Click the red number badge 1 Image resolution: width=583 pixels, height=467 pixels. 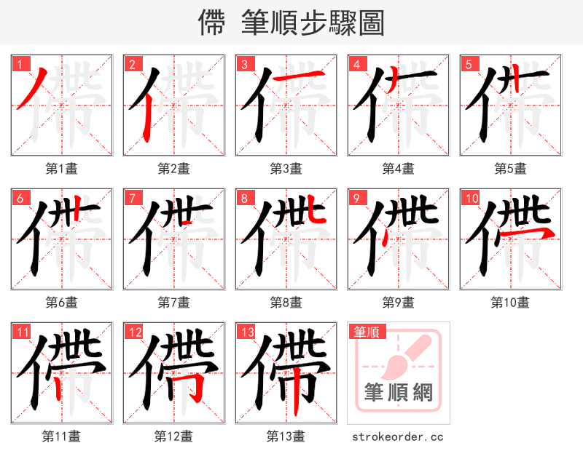20,64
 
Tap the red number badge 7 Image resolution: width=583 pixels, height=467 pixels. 132,198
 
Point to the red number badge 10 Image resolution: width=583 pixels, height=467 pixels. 470,198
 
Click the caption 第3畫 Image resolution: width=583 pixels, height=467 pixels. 286,169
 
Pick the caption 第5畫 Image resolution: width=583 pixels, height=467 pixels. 510,169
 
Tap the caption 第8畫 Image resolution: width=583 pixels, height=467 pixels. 286,303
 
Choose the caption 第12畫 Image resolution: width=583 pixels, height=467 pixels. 173,436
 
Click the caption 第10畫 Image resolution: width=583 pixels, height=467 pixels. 510,303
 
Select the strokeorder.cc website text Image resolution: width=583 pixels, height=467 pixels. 398,437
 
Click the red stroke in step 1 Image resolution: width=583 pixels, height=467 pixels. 32,89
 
